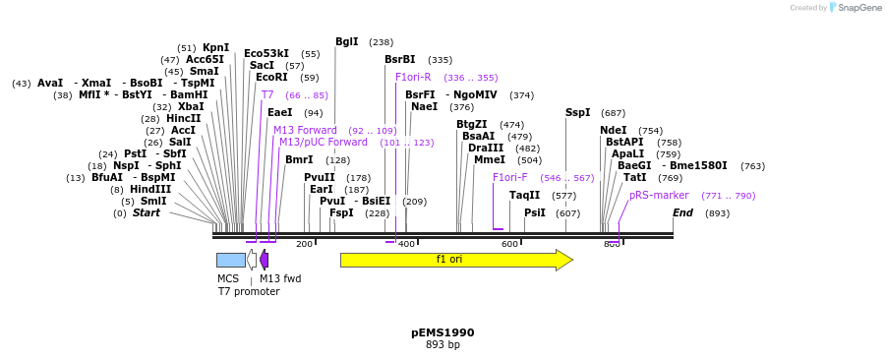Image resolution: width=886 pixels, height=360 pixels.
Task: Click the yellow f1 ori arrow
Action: pyautogui.click(x=455, y=260)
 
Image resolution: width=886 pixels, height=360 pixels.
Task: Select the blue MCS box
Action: pyautogui.click(x=230, y=260)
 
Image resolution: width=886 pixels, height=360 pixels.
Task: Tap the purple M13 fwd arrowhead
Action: pyautogui.click(x=264, y=260)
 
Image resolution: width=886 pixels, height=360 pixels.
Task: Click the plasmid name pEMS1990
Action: pyautogui.click(x=443, y=332)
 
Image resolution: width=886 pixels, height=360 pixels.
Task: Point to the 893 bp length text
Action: pyautogui.click(x=443, y=345)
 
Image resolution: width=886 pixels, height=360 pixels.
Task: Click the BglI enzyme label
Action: pyautogui.click(x=347, y=42)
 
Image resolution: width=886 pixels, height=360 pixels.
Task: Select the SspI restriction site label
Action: pyautogui.click(x=578, y=113)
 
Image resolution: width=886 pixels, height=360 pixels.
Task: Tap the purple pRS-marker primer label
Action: pyautogui.click(x=659, y=196)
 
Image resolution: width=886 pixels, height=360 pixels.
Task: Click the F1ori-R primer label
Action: pyautogui.click(x=413, y=78)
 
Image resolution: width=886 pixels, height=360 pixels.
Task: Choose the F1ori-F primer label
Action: pyautogui.click(x=509, y=178)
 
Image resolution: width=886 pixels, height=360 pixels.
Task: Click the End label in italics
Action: pyautogui.click(x=682, y=213)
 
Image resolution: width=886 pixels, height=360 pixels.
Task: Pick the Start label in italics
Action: pyautogui.click(x=146, y=213)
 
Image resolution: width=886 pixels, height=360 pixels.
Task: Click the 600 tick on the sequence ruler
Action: pyautogui.click(x=509, y=244)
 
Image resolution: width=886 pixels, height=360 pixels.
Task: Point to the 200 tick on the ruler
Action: pyautogui.click(x=304, y=244)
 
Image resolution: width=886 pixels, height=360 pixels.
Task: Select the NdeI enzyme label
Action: pyautogui.click(x=613, y=131)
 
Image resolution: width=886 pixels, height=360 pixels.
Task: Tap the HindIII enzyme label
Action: pyautogui.click(x=149, y=190)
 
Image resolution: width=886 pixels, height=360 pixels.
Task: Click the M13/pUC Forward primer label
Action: pyautogui.click(x=323, y=143)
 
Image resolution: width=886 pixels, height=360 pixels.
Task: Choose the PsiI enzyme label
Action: pyautogui.click(x=534, y=213)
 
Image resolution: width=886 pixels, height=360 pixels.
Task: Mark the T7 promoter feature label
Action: pyautogui.click(x=249, y=292)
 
